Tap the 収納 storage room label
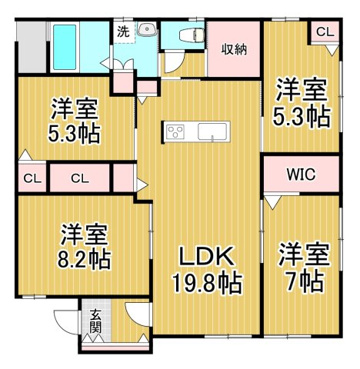point(234,50)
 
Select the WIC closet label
point(301,175)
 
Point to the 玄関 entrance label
point(96,321)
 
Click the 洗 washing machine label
point(122,31)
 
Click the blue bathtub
point(65,48)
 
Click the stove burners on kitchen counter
point(175,132)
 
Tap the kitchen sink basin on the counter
point(213,131)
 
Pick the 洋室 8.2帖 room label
point(84,246)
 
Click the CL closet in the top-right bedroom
point(325,32)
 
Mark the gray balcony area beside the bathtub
point(32,47)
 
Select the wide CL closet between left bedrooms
point(80,178)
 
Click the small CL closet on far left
point(32,178)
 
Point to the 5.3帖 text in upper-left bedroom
point(73,134)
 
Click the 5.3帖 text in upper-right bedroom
point(302,117)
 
